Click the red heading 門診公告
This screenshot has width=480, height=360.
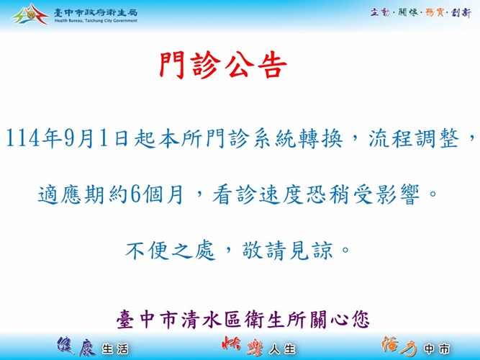(x=223, y=66)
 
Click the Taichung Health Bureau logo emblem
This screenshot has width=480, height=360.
(x=30, y=14)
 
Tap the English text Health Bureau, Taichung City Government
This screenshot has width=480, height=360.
(x=96, y=21)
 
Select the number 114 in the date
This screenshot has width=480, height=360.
(x=23, y=138)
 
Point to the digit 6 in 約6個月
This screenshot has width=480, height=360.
(x=136, y=194)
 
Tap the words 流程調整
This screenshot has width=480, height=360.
(x=414, y=138)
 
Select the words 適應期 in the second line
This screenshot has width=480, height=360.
(x=71, y=194)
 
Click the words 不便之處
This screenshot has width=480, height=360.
(x=170, y=251)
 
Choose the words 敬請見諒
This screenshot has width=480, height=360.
(x=287, y=251)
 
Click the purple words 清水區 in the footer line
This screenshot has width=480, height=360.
(x=211, y=320)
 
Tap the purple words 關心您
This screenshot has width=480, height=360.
(x=340, y=320)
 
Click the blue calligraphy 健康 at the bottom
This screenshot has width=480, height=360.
(x=76, y=346)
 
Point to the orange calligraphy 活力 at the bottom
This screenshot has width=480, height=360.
(x=399, y=346)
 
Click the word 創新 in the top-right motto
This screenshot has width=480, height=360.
(x=461, y=12)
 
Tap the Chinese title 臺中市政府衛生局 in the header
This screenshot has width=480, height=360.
(x=96, y=12)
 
